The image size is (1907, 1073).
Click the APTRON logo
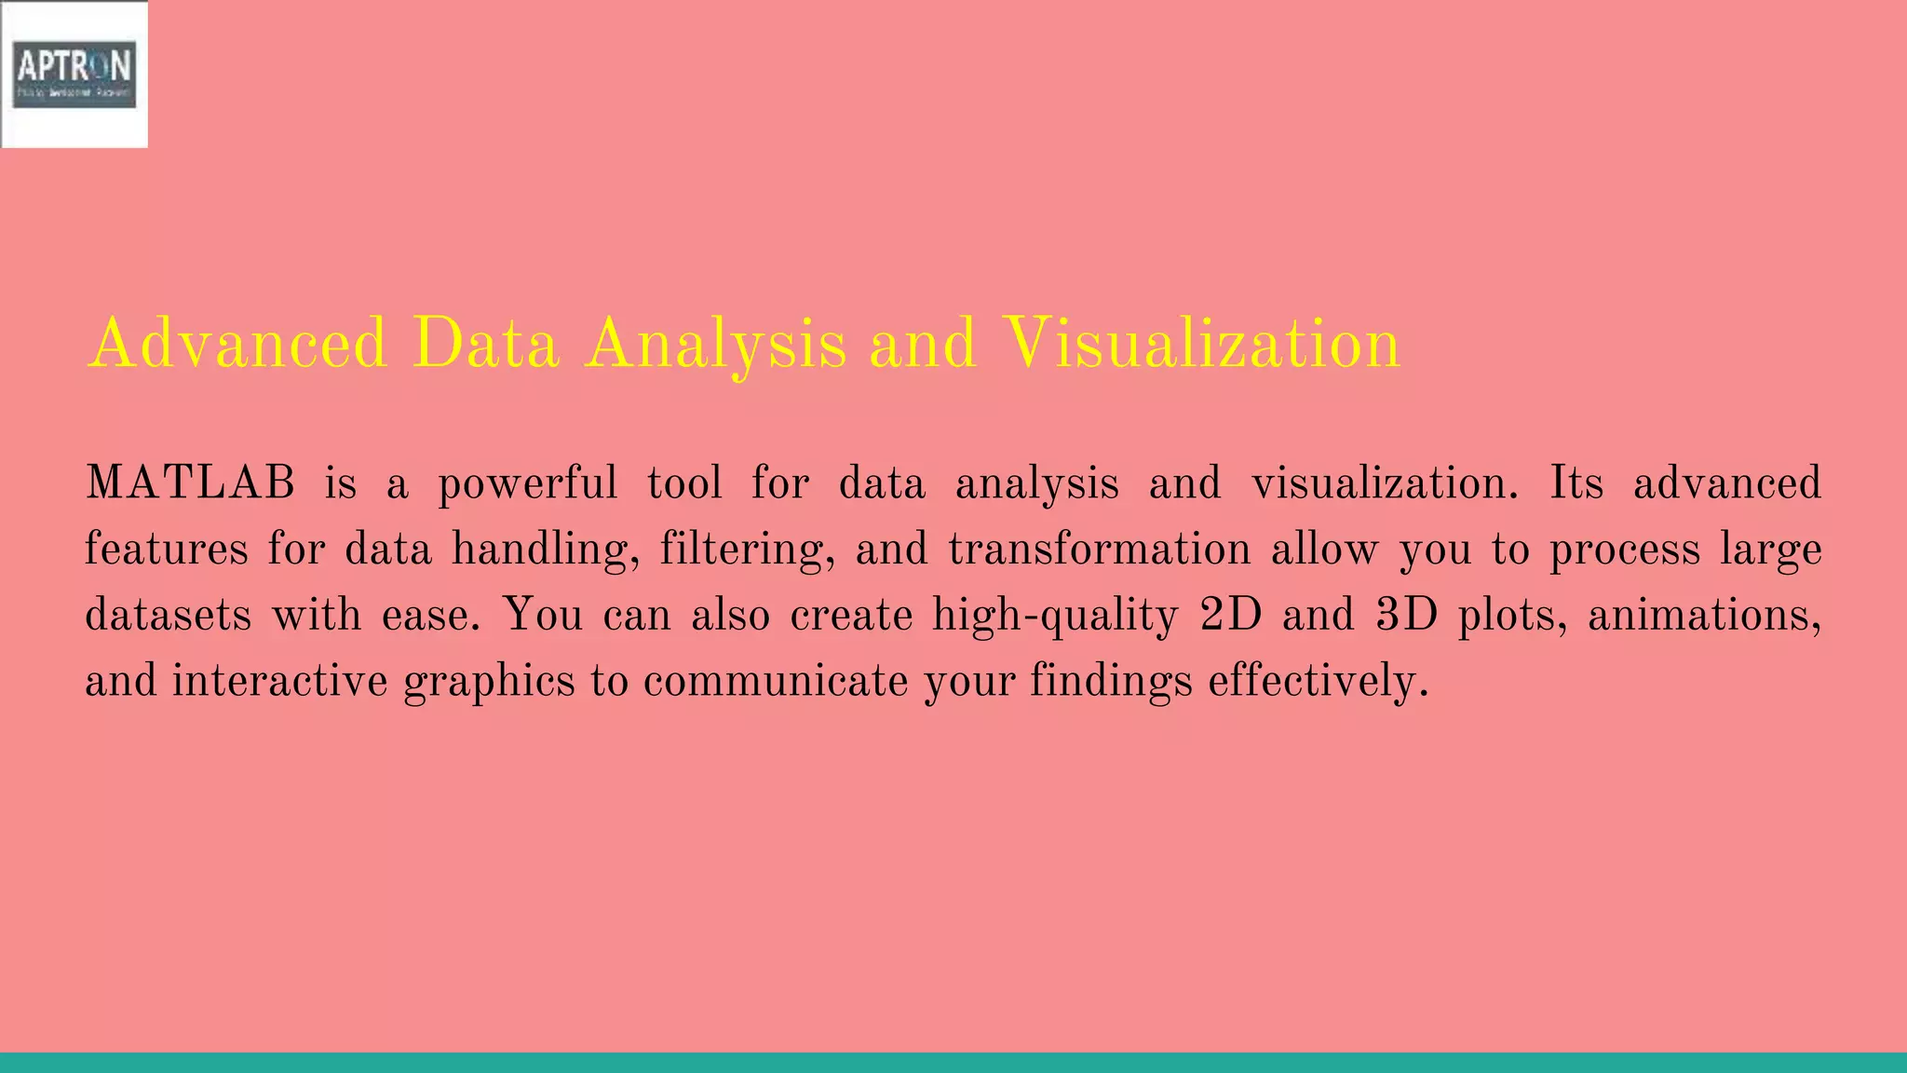(x=74, y=74)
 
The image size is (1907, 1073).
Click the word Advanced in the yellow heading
(x=237, y=344)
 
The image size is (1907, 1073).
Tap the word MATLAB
(x=190, y=483)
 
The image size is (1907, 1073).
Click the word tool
(x=684, y=483)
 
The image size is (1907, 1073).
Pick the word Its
(x=1576, y=483)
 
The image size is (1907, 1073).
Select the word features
(x=166, y=549)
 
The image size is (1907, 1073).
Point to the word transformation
(x=1099, y=549)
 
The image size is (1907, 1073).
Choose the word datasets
(x=168, y=615)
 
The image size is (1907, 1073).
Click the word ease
(x=429, y=615)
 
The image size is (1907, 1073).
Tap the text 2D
(x=1230, y=615)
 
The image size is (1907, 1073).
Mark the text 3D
(x=1406, y=615)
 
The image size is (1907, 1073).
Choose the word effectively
(x=1318, y=681)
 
